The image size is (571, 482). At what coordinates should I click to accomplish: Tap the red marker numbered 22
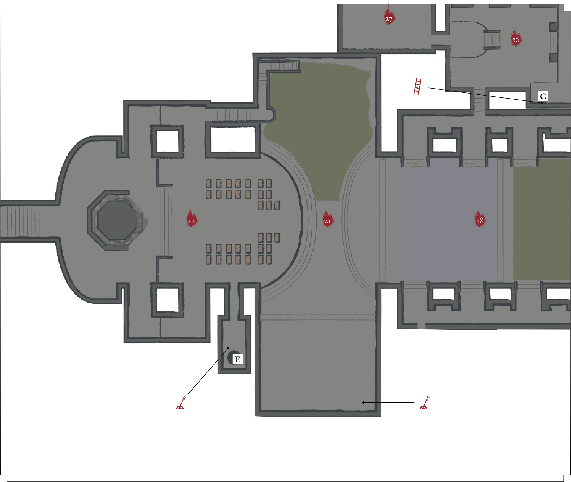click(191, 219)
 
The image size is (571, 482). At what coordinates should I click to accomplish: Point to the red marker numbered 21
click(328, 219)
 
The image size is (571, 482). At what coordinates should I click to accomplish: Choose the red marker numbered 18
click(479, 218)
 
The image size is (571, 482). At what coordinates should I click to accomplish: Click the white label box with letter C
click(543, 96)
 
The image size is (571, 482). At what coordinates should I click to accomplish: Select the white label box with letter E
click(237, 359)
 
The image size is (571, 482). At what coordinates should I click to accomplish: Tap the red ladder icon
click(418, 86)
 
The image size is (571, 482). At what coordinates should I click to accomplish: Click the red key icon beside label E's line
click(181, 403)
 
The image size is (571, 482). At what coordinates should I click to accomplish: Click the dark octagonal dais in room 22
click(117, 220)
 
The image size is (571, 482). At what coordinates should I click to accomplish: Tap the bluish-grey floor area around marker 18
click(448, 221)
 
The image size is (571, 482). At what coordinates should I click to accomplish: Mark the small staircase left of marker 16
click(492, 40)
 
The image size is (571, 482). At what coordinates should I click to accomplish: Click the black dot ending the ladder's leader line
click(542, 103)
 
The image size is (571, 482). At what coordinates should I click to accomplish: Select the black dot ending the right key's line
click(363, 402)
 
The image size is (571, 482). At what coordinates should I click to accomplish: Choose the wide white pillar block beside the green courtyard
click(233, 139)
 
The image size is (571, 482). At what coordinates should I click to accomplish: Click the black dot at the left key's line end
click(228, 348)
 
